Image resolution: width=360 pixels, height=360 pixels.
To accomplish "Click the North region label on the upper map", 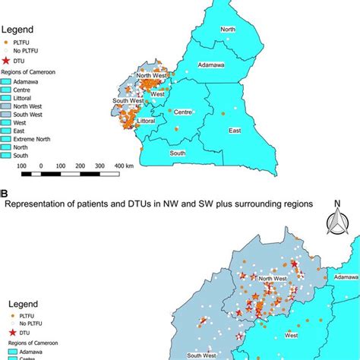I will point(228,30).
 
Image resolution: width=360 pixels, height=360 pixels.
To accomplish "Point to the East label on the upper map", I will point(235,131).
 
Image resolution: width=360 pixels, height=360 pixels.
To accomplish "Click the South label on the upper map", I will point(178,153).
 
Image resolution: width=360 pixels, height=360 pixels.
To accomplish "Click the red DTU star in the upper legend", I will point(7,59).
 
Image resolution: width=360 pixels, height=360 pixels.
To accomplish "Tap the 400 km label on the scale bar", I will point(124,165).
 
